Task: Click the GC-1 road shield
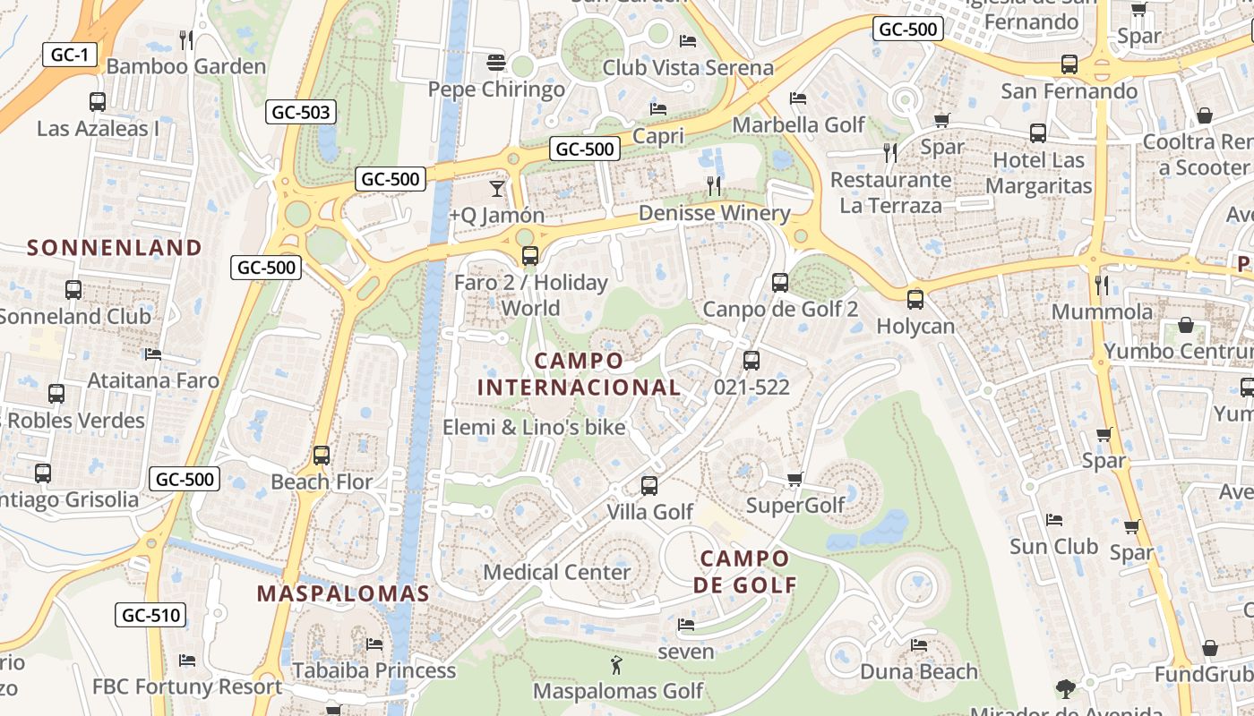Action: [x=69, y=55]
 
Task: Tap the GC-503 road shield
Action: [x=301, y=112]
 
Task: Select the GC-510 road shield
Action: [x=150, y=615]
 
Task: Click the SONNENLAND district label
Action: [x=115, y=248]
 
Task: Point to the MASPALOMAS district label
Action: [x=343, y=593]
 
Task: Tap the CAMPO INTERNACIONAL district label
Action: [x=579, y=374]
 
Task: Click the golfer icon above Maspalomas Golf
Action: [x=616, y=665]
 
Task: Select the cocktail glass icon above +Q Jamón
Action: [x=496, y=188]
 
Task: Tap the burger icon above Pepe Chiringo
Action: [x=496, y=63]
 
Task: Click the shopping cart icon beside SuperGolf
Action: [x=794, y=480]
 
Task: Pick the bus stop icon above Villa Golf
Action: [x=649, y=486]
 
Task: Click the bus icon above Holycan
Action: [x=915, y=300]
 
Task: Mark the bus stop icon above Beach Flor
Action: [x=322, y=456]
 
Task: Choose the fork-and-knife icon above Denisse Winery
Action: [x=714, y=186]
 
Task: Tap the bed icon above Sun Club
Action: [x=1054, y=520]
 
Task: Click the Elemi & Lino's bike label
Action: [x=534, y=428]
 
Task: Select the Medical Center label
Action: [x=556, y=572]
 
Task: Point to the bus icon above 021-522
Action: [x=752, y=361]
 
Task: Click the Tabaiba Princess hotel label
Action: [x=374, y=670]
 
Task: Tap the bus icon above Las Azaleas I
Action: [x=98, y=102]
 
